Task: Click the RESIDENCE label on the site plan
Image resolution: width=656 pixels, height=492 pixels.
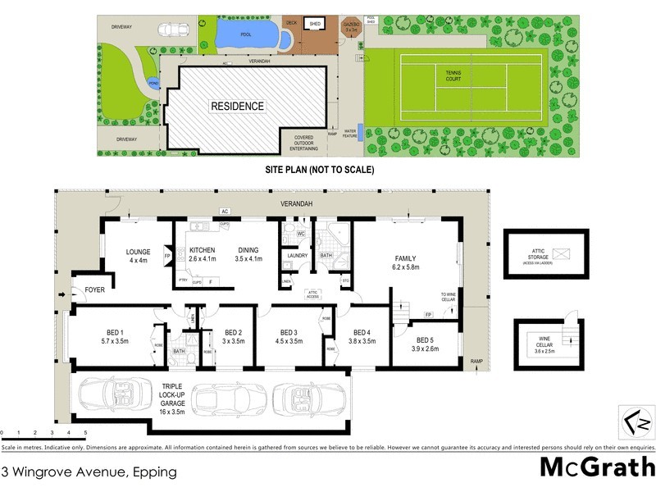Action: click(x=237, y=106)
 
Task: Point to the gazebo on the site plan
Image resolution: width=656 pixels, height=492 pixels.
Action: click(x=350, y=27)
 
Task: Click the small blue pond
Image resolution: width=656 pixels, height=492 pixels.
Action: click(x=153, y=83)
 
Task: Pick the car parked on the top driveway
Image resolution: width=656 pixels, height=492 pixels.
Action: click(x=172, y=30)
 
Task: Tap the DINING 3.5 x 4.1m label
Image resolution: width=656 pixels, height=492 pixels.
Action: click(x=248, y=254)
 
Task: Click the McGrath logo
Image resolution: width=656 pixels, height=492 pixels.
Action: click(x=596, y=466)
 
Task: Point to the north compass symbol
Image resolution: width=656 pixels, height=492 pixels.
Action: click(x=637, y=424)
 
